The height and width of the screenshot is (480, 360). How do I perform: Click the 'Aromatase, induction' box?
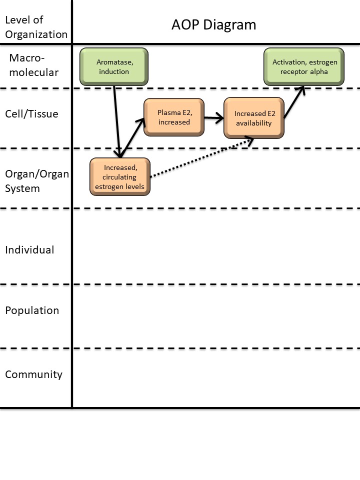pyautogui.click(x=113, y=66)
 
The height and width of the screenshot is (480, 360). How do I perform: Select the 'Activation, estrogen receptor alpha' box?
pyautogui.click(x=304, y=66)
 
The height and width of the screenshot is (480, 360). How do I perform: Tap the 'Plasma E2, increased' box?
pyautogui.click(x=174, y=117)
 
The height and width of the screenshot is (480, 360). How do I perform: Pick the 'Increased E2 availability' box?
pyautogui.click(x=254, y=118)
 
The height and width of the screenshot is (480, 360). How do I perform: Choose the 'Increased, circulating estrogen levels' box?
pyautogui.click(x=120, y=176)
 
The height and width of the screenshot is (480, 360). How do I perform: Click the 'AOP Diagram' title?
pyautogui.click(x=213, y=24)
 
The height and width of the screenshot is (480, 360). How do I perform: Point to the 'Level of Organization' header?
pyautogui.click(x=35, y=27)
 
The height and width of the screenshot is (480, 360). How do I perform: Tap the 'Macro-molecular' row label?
pyautogui.click(x=34, y=65)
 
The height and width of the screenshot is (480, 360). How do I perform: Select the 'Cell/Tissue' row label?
pyautogui.click(x=31, y=114)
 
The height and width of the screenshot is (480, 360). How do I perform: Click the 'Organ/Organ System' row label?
pyautogui.click(x=36, y=181)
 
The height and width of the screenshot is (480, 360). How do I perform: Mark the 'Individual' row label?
pyautogui.click(x=29, y=249)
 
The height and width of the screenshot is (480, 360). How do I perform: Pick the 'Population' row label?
pyautogui.click(x=32, y=310)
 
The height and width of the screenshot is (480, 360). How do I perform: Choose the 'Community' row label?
pyautogui.click(x=33, y=374)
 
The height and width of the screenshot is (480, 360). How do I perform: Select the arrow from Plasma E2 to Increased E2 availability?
pyautogui.click(x=214, y=118)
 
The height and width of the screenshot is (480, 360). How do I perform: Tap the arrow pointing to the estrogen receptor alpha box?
pyautogui.click(x=294, y=102)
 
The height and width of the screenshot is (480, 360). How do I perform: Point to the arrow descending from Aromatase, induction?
pyautogui.click(x=117, y=120)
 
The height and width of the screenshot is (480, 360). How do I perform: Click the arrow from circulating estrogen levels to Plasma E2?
pyautogui.click(x=132, y=136)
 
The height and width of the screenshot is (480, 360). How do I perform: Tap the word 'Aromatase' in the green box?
pyautogui.click(x=114, y=62)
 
